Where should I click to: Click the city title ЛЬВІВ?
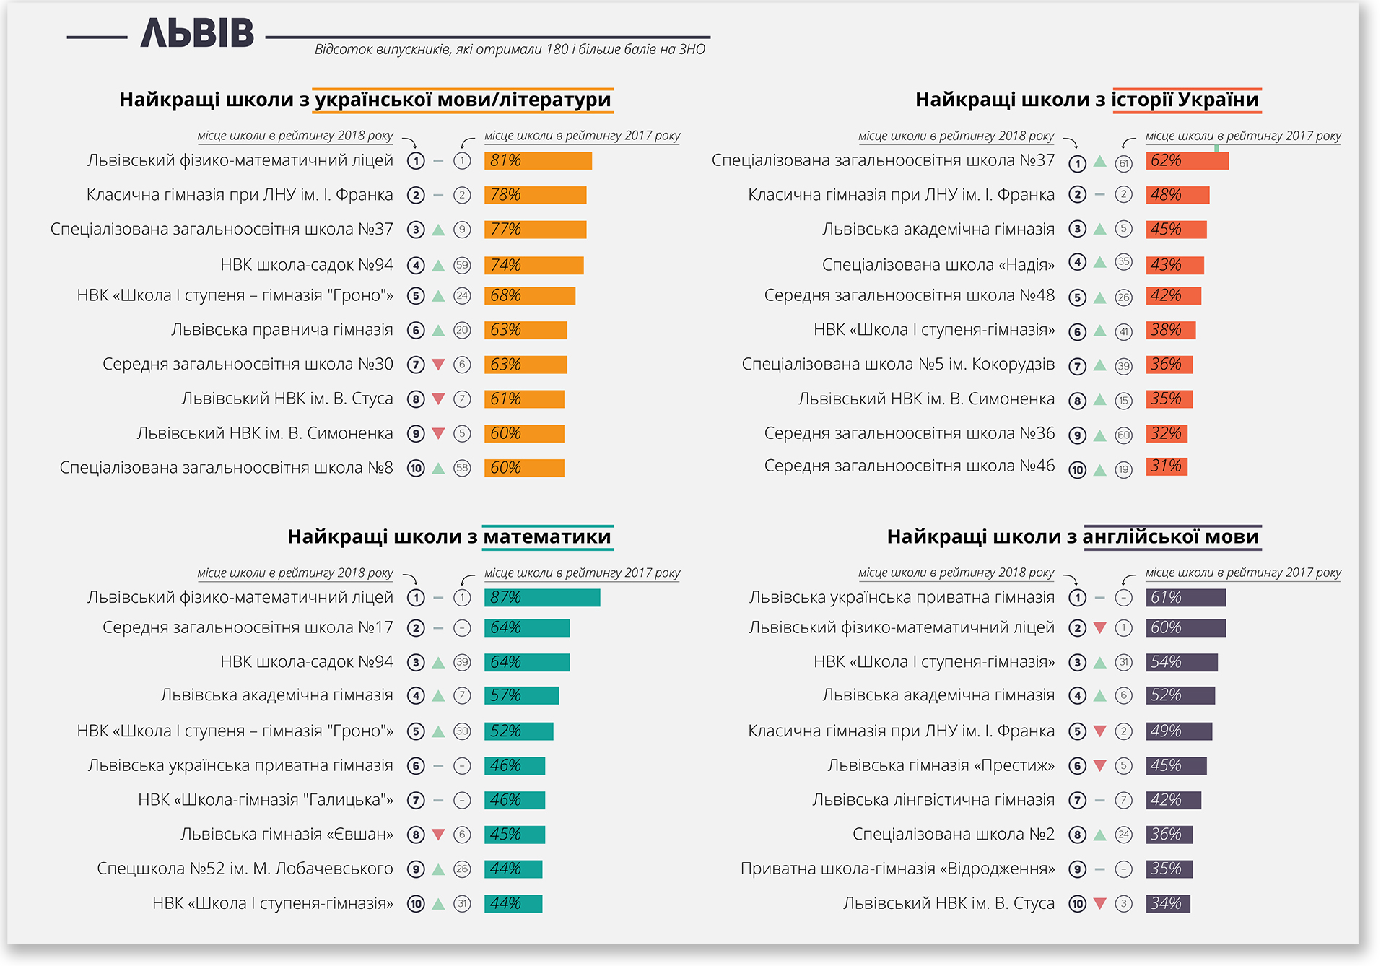pos(197,34)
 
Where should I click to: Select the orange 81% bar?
pos(538,160)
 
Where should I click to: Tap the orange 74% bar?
pos(533,266)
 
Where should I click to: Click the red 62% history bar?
pos(1187,161)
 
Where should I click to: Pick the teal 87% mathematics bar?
pos(542,598)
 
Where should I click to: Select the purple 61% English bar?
pos(1185,598)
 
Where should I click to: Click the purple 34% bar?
pos(1167,903)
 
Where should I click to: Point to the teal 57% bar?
pos(521,695)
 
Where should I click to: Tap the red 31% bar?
pos(1166,466)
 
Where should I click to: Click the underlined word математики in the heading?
pos(547,537)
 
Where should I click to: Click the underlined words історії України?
pos(1185,100)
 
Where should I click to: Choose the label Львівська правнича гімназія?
pos(282,330)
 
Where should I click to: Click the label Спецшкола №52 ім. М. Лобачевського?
pos(245,869)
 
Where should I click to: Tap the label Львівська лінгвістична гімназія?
pos(933,800)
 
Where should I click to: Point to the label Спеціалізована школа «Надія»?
pos(938,265)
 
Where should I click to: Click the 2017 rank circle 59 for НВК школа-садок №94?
pos(462,266)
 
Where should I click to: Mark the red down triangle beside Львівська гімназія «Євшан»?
pos(438,835)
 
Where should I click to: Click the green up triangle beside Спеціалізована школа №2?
pos(1100,835)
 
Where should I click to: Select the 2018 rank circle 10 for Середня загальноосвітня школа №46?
pos(1077,470)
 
